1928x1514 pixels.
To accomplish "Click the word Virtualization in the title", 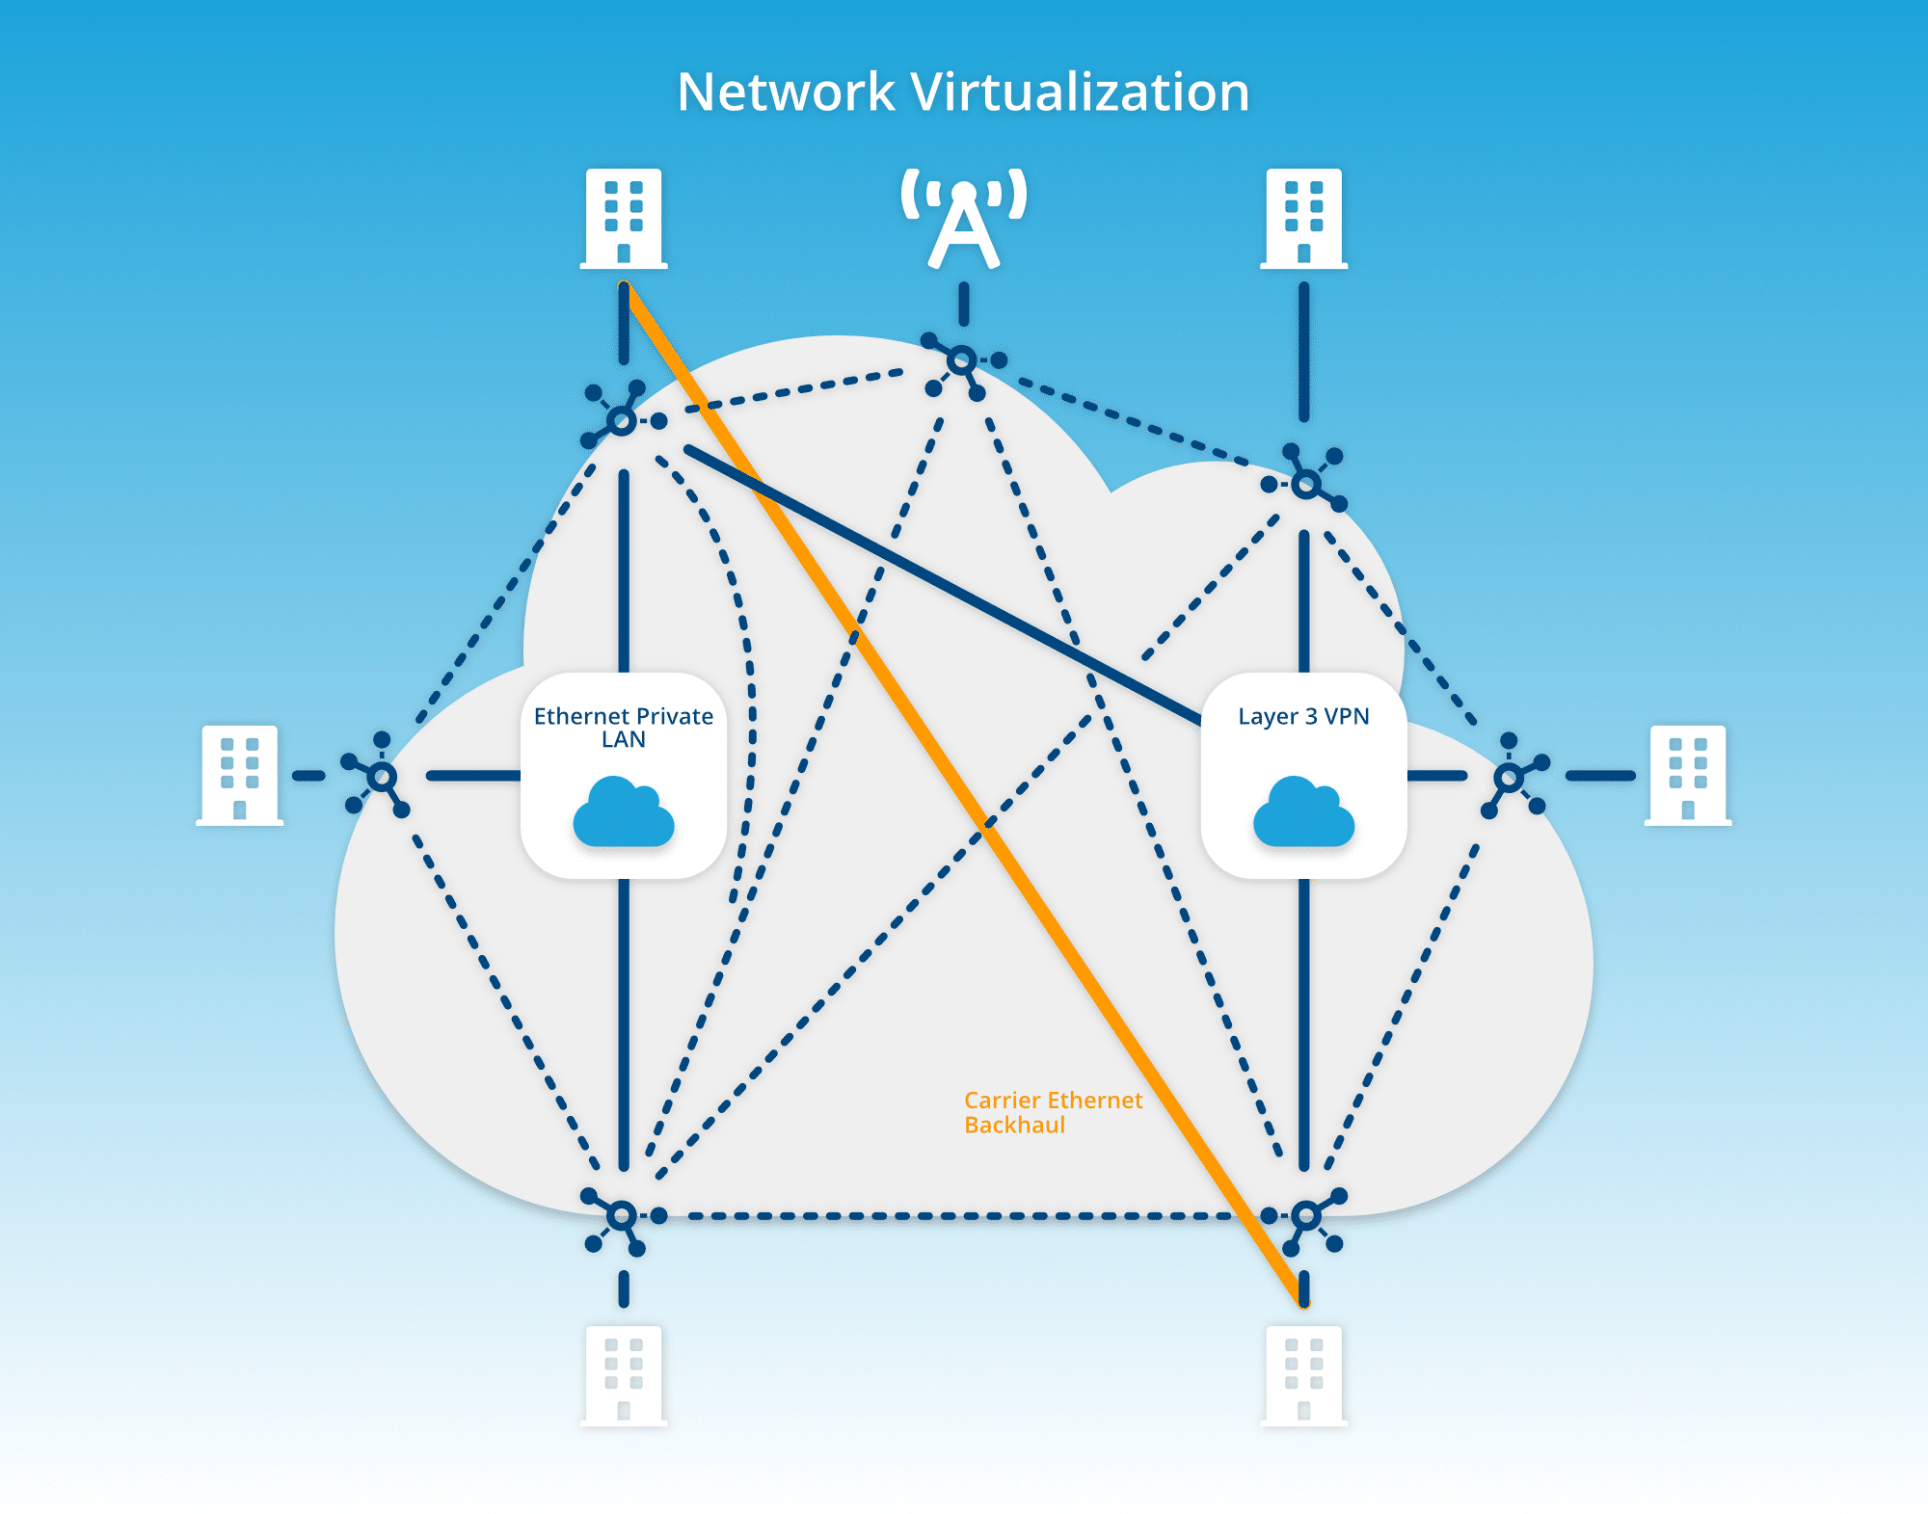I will (1080, 93).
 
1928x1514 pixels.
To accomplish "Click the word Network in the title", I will (786, 93).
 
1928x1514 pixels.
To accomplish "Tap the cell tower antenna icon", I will (963, 219).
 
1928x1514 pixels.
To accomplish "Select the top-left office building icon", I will (624, 219).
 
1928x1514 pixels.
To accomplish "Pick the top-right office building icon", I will (1303, 219).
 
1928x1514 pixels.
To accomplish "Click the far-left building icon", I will (239, 776).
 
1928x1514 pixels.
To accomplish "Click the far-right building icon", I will (1688, 776).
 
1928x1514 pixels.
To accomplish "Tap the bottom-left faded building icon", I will (624, 1375).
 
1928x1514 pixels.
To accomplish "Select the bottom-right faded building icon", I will (1303, 1375).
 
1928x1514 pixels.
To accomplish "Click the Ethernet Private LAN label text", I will (624, 728).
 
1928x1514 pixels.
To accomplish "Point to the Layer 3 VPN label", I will (1303, 716).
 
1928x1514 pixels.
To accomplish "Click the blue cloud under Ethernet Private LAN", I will (624, 813).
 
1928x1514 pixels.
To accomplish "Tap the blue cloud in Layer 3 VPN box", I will (1303, 813).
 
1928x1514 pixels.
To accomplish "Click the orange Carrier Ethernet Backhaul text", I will (1052, 1112).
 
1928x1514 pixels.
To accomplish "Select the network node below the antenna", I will (961, 361).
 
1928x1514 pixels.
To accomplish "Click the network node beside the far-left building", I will (382, 776).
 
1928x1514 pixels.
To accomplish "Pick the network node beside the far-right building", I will (1509, 777).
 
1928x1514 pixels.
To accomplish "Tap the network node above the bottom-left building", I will (622, 1215).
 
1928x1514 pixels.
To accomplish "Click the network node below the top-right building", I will (1305, 483).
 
